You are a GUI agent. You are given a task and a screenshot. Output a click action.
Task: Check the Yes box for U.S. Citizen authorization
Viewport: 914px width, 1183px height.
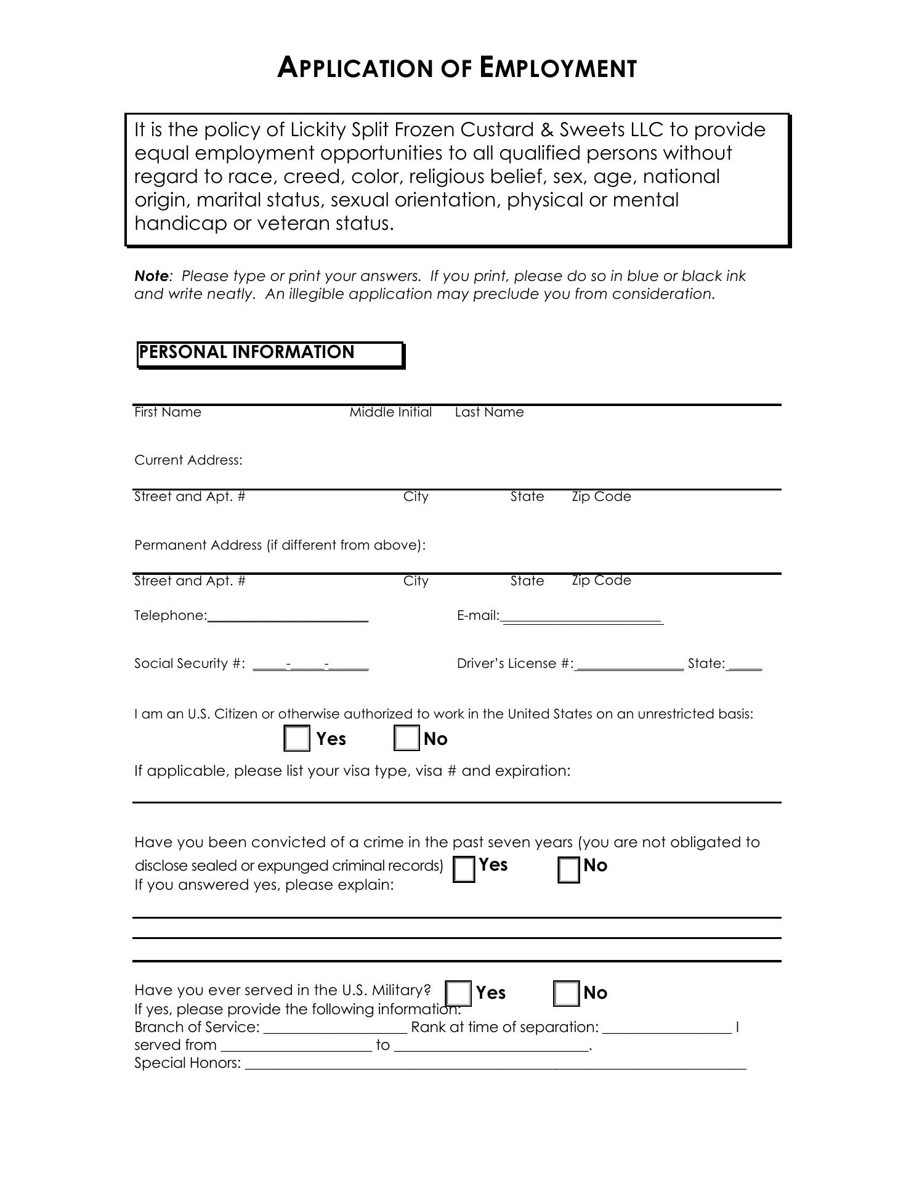(x=297, y=738)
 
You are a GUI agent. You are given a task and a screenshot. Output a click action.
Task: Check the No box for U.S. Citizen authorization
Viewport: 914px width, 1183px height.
(x=406, y=738)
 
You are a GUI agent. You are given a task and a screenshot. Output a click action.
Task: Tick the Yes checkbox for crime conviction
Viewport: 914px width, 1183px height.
(x=464, y=869)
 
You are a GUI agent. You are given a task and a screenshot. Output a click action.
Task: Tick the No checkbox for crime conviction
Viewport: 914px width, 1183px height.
(x=569, y=870)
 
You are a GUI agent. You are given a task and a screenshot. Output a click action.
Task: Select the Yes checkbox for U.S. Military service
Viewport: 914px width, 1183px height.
(x=458, y=993)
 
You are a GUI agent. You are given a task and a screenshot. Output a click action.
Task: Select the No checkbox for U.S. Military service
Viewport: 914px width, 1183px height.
(x=567, y=993)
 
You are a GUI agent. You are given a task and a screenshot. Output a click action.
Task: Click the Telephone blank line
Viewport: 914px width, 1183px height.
(x=288, y=617)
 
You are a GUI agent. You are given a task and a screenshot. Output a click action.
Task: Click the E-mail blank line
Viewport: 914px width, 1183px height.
(x=582, y=618)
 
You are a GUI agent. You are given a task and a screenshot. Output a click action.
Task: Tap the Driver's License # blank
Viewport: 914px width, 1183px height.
(x=629, y=665)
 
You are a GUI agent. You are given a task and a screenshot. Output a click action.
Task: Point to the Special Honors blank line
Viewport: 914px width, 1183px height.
(x=495, y=1063)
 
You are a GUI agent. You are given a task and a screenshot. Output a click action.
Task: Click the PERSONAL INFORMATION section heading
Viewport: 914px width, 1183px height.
(x=246, y=352)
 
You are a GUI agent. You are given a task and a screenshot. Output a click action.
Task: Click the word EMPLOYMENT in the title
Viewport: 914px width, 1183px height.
(x=558, y=68)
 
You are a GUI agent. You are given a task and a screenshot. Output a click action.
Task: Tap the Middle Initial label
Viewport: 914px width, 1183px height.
(x=390, y=412)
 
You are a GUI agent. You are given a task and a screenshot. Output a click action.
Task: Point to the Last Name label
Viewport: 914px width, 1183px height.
(x=489, y=412)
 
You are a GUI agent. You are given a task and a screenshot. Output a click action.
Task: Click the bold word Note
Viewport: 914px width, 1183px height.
(x=151, y=276)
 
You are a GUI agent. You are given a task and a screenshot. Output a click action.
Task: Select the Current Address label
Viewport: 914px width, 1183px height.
(x=188, y=460)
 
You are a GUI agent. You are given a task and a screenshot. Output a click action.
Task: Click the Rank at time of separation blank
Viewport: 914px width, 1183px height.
(x=667, y=1028)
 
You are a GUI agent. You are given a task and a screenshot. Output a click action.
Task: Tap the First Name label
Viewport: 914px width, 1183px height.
(x=168, y=412)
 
